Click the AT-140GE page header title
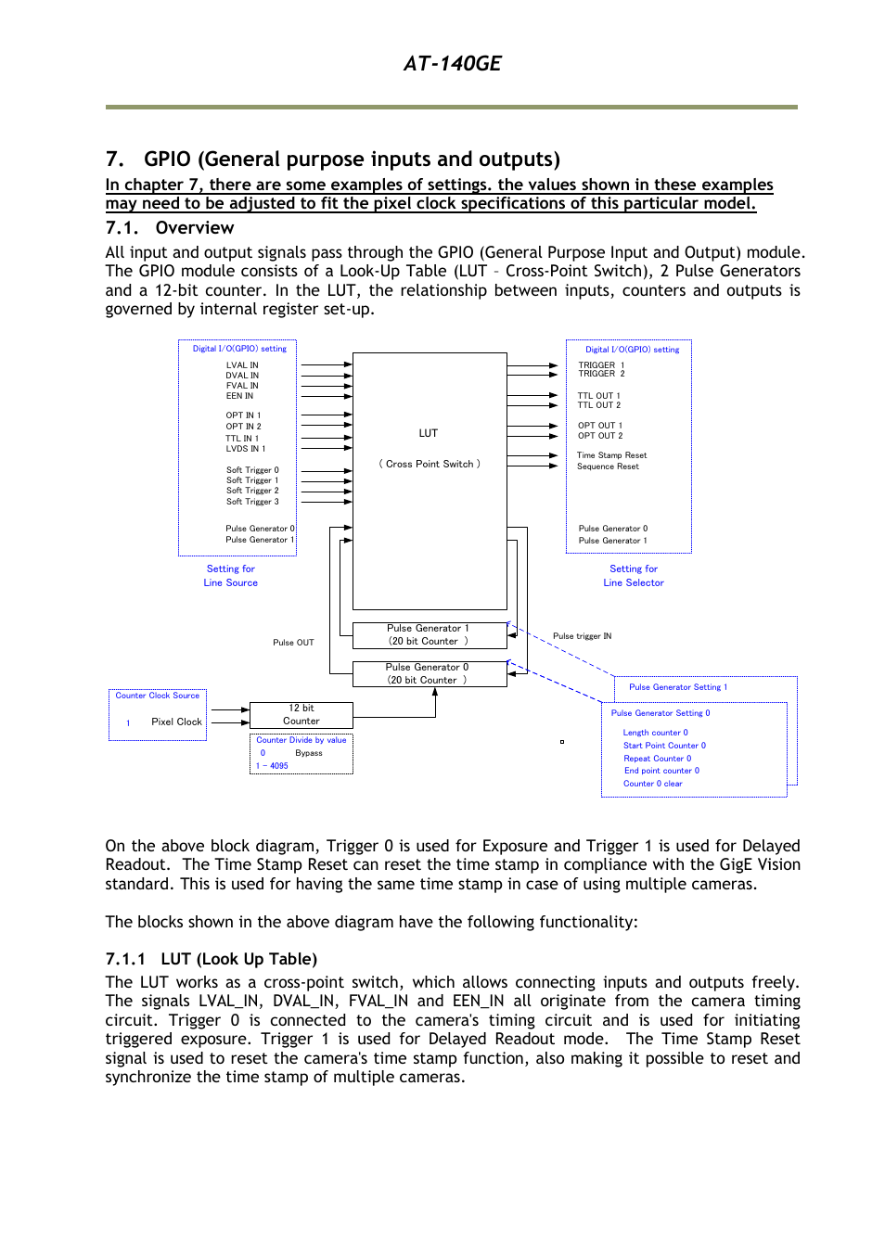click(452, 64)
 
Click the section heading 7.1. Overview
click(170, 228)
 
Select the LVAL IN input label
click(242, 365)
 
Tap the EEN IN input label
click(239, 396)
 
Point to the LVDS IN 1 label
click(245, 449)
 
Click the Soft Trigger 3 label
click(252, 502)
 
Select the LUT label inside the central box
click(428, 433)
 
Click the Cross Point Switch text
click(430, 464)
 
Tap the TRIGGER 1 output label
click(601, 364)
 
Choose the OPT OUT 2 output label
click(600, 436)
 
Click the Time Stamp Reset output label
click(611, 455)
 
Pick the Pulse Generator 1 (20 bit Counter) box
click(429, 635)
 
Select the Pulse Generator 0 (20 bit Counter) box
click(428, 674)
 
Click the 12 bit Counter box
click(301, 715)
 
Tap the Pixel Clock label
click(176, 722)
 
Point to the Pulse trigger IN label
click(582, 636)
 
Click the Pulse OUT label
click(293, 643)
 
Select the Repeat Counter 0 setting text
click(657, 759)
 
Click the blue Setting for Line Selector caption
click(634, 576)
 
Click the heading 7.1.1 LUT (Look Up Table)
click(212, 959)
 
